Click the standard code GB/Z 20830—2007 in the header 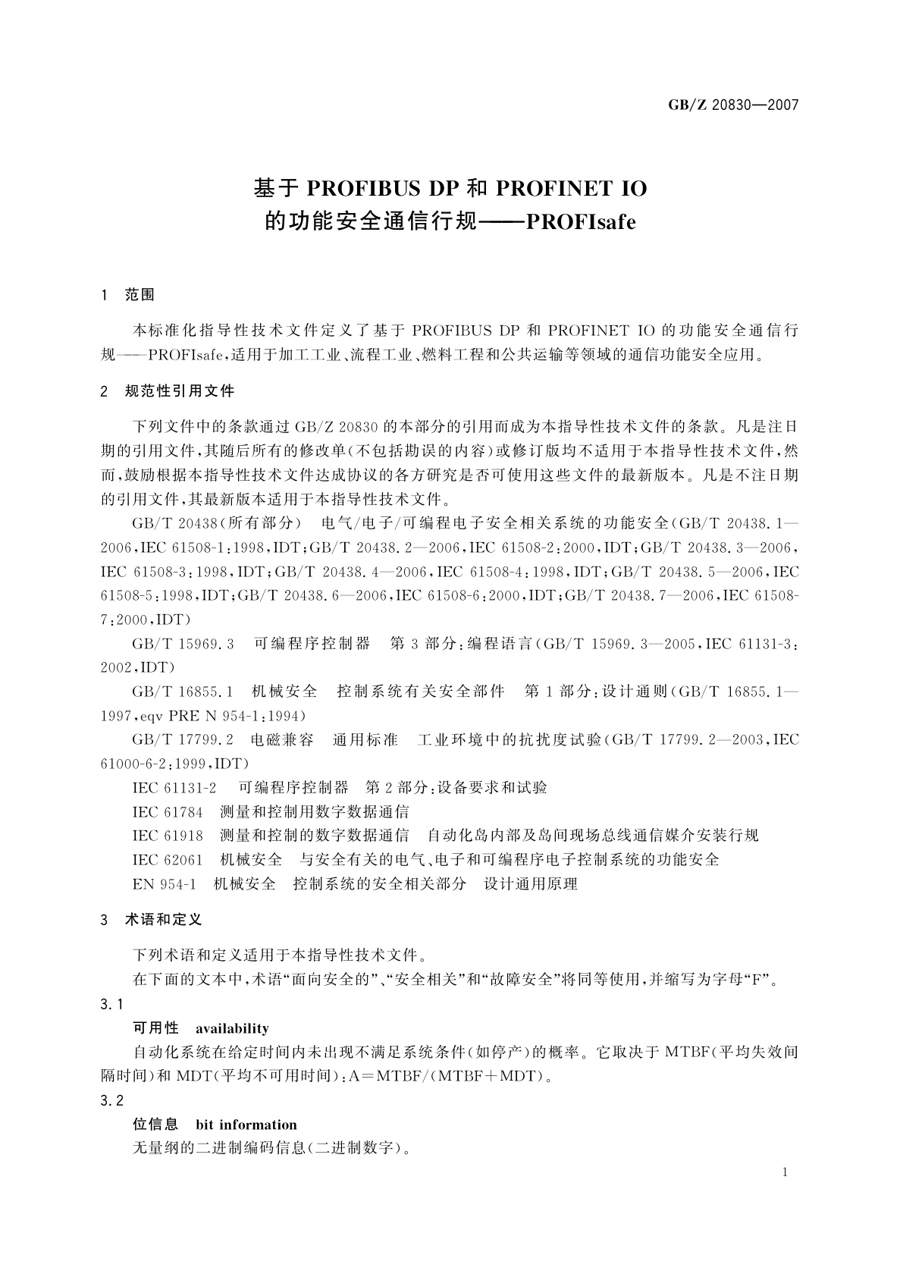coord(733,105)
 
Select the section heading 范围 coord(140,295)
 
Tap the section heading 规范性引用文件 coord(180,391)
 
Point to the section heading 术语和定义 coord(163,920)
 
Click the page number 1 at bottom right coord(785,1172)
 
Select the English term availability coord(232,1029)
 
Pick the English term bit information coord(246,1125)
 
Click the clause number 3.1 coord(111,1006)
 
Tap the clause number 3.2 coord(111,1101)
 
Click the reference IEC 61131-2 coord(174,788)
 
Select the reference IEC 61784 coord(168,812)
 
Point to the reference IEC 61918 coord(168,836)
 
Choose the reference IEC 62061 coord(168,860)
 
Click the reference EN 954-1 coord(165,884)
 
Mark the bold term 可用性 coord(155,1029)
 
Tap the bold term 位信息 coord(155,1125)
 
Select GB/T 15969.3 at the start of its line coord(183,644)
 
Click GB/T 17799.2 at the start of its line coord(183,740)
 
